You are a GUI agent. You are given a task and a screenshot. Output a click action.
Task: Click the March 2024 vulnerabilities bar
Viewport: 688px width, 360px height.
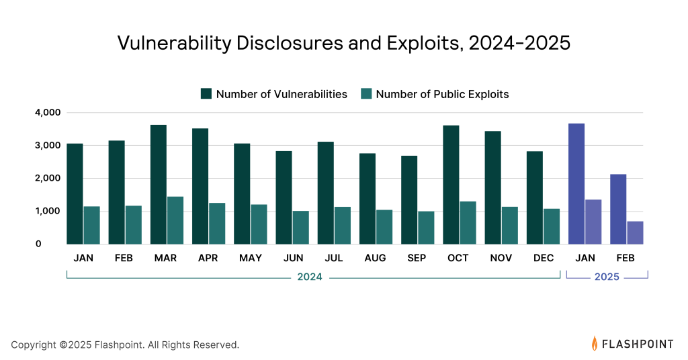(x=159, y=185)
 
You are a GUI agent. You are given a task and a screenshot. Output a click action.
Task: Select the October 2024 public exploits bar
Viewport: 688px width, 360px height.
(x=468, y=222)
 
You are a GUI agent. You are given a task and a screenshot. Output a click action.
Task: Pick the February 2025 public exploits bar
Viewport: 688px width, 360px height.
(x=635, y=232)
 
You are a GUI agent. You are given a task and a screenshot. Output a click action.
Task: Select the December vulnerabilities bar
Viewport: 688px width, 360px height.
(x=535, y=197)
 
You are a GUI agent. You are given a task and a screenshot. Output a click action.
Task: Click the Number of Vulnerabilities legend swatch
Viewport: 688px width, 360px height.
(x=206, y=94)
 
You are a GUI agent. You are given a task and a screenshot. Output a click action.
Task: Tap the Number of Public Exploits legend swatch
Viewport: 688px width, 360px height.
(x=366, y=94)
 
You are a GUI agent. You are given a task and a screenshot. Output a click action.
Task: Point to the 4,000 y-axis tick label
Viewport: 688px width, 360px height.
(x=47, y=112)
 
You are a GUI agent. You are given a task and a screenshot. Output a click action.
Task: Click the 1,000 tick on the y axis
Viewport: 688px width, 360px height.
(x=47, y=211)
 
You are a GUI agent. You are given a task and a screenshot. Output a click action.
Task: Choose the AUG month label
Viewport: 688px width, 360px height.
(x=376, y=259)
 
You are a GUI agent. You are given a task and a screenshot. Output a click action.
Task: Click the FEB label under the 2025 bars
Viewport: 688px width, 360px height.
(x=626, y=259)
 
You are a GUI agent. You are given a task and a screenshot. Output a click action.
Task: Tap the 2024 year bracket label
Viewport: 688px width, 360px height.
(x=310, y=277)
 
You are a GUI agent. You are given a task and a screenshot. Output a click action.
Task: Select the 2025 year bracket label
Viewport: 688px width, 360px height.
(x=607, y=277)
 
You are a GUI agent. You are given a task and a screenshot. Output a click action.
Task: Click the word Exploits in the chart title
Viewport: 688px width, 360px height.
(x=417, y=42)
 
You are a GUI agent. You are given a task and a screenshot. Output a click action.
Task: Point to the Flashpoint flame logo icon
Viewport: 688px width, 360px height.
(x=595, y=344)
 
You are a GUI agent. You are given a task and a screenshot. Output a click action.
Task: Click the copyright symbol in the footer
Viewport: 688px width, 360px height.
(x=63, y=345)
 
